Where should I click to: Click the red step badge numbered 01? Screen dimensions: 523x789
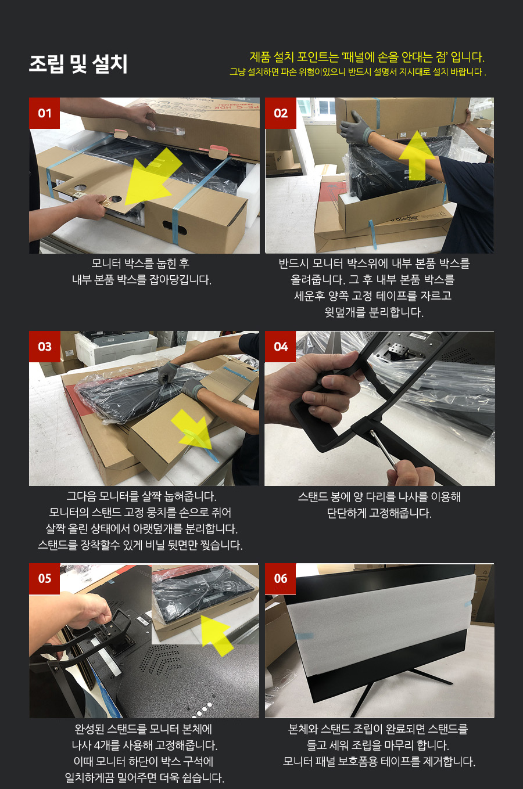coord(44,113)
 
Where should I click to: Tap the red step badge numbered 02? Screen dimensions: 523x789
coord(280,113)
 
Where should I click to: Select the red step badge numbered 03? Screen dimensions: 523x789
coord(44,347)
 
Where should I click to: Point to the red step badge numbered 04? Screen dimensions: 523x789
coord(280,347)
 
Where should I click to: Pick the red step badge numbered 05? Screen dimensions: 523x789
coord(44,579)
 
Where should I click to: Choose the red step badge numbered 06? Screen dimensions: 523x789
coord(280,579)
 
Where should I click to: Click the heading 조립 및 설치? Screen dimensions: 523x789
coord(78,64)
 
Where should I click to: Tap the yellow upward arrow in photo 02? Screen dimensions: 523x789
coord(417,156)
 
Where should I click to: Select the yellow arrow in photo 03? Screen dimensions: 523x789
coord(192,430)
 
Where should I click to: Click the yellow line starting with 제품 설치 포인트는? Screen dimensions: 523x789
coord(367,57)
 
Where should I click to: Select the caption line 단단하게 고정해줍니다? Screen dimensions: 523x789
coord(379,513)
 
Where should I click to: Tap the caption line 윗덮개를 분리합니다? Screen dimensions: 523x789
coord(374,312)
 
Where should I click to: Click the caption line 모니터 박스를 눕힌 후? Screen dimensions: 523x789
coord(141,263)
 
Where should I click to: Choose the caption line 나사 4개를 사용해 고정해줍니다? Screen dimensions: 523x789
coord(145,745)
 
